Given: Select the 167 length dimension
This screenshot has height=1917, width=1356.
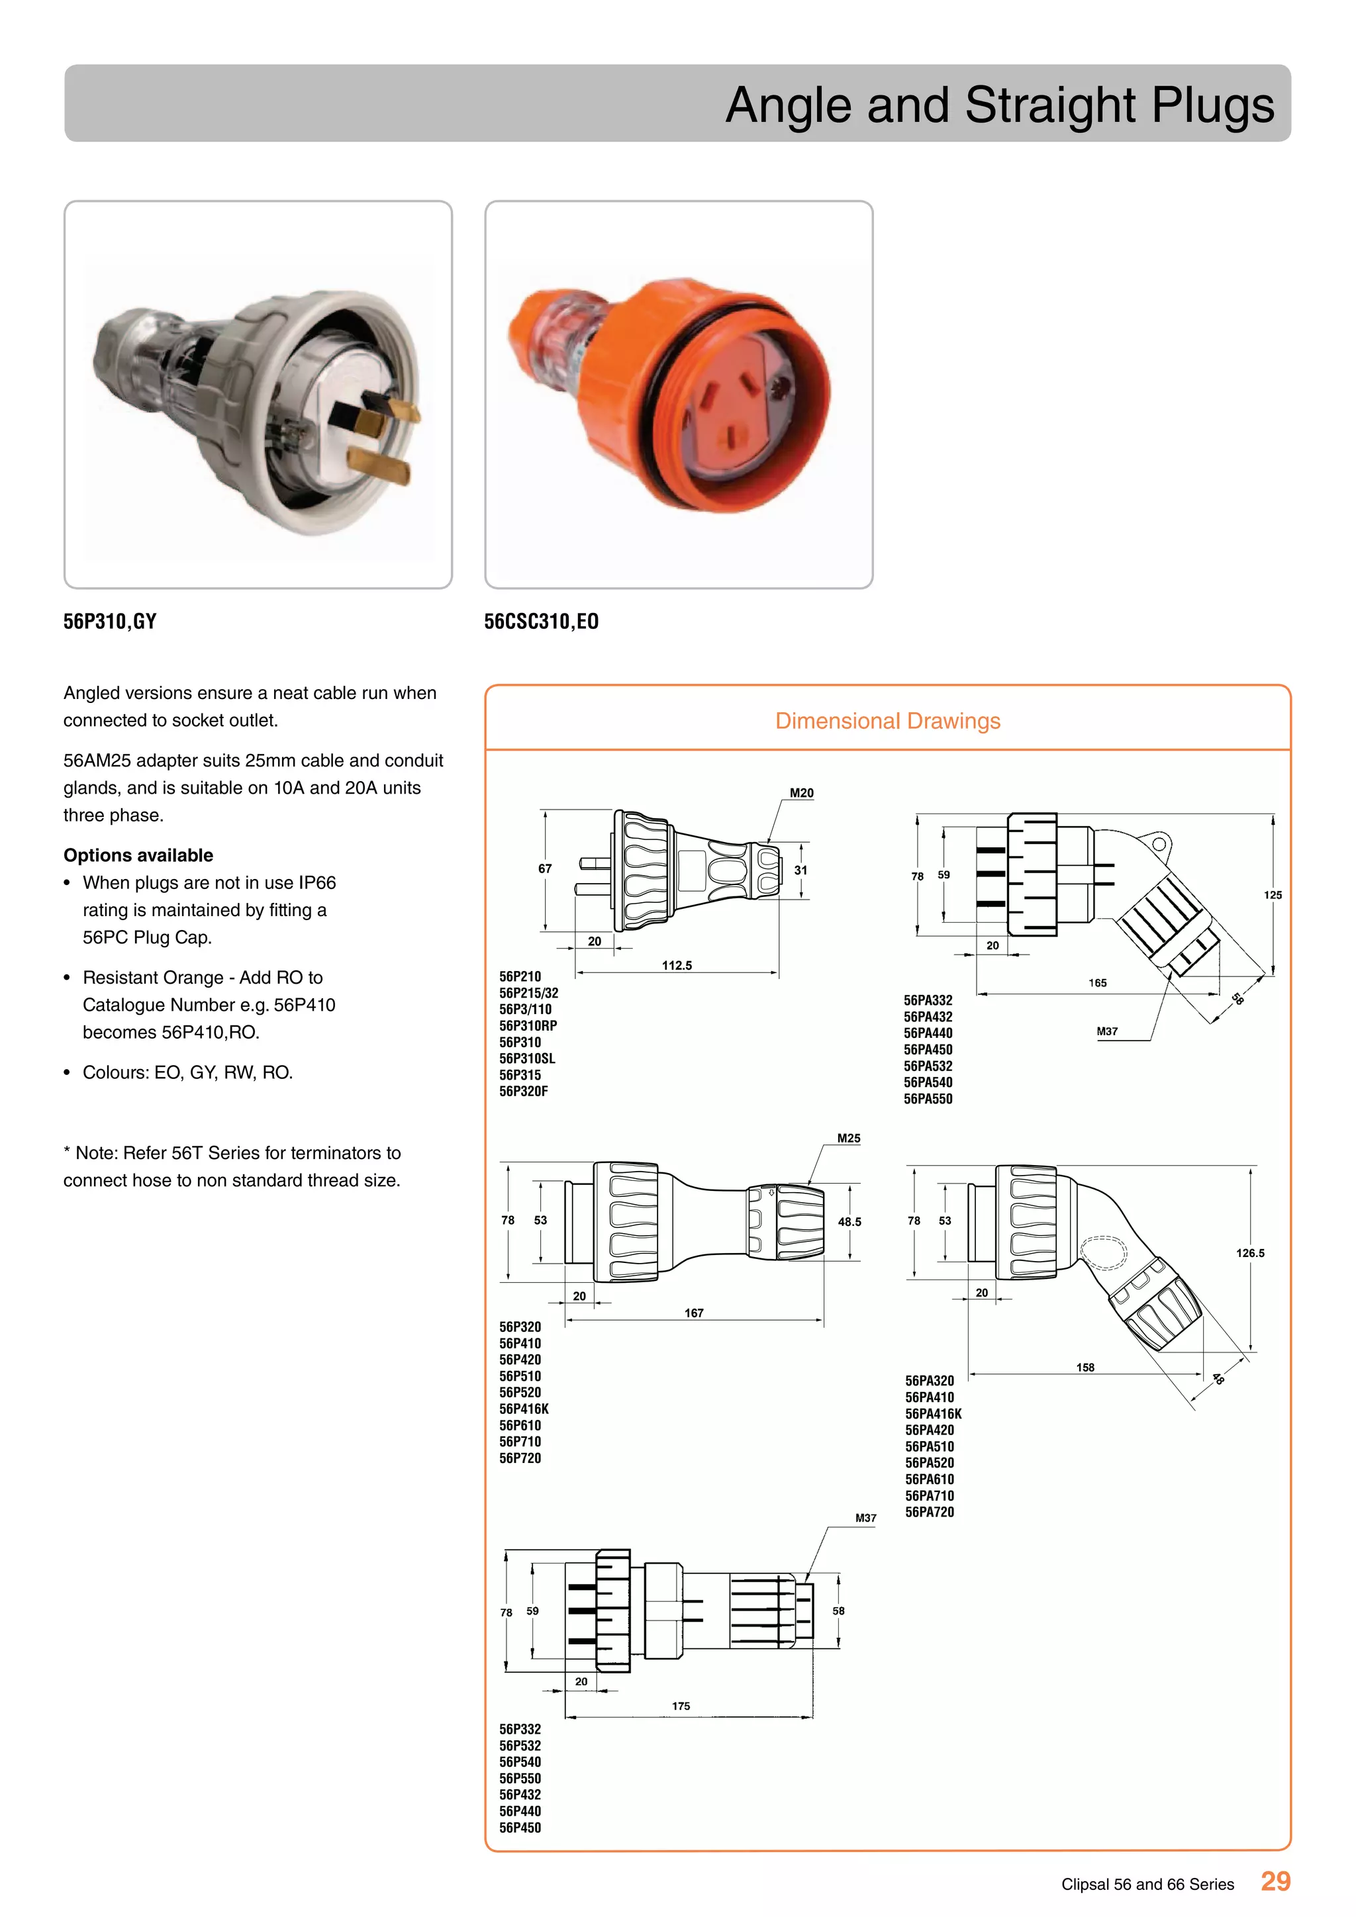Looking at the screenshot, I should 693,1313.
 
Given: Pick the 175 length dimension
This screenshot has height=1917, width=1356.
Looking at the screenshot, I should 681,1706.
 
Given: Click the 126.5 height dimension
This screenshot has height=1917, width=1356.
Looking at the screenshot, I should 1249,1252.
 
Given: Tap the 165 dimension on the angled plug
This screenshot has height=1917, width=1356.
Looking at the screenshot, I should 1097,983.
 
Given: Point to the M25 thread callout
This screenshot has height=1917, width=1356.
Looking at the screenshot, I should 848,1138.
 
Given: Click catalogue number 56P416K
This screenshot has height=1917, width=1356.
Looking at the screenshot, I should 524,1409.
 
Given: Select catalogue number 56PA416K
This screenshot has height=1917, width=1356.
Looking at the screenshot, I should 933,1413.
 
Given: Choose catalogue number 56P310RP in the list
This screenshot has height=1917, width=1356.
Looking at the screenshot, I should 528,1025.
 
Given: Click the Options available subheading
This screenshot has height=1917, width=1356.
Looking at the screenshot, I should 138,855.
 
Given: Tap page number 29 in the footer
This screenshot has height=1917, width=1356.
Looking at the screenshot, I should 1275,1881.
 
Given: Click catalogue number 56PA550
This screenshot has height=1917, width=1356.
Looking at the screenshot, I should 928,1099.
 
